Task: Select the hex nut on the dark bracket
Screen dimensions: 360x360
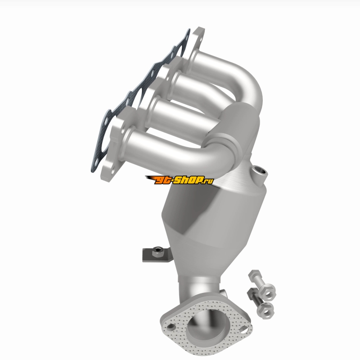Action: tap(157, 252)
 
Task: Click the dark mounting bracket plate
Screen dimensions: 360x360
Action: tap(157, 255)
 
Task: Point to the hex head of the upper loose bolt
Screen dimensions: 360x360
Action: tap(254, 274)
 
